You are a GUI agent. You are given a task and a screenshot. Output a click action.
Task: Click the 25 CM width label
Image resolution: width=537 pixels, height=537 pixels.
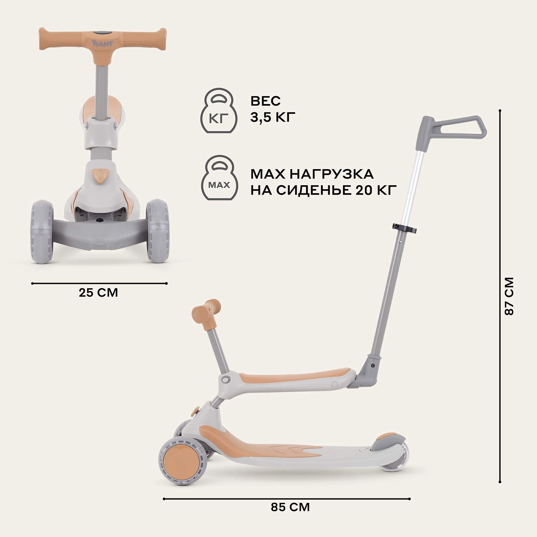point(98,293)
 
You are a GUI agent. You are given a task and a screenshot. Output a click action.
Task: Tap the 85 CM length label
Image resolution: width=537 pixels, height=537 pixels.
point(290,507)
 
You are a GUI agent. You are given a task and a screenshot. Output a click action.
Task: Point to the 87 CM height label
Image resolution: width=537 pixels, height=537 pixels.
point(509,296)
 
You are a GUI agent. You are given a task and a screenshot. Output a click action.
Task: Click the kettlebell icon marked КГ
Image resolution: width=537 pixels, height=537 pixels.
point(218,111)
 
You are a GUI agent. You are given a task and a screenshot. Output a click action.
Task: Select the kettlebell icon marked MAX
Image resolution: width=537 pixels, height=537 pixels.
point(219,178)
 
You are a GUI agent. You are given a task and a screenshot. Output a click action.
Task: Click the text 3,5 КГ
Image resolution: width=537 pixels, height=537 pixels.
point(273,118)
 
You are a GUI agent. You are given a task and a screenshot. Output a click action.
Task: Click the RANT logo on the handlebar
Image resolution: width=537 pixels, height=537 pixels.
point(102,43)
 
